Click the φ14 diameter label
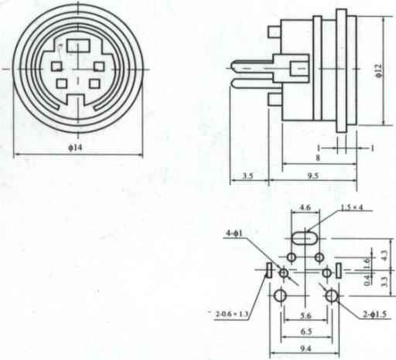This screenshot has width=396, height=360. click(x=75, y=148)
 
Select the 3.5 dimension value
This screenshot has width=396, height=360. click(x=247, y=176)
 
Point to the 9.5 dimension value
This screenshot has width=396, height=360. click(x=313, y=176)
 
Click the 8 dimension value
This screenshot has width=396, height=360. click(x=318, y=158)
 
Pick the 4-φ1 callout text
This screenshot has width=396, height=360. click(x=234, y=233)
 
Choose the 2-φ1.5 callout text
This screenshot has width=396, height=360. click(x=375, y=314)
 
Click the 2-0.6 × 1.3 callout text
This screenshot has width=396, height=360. click(x=232, y=314)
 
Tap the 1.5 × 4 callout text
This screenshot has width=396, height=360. click(x=352, y=207)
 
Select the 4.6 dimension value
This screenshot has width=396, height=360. click(x=305, y=207)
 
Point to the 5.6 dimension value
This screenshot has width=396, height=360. click(x=306, y=315)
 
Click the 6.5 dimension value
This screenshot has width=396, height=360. click(x=306, y=331)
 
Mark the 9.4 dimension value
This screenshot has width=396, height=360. click(x=306, y=348)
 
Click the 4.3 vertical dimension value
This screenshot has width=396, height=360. click(x=384, y=255)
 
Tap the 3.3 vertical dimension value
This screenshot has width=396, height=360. click(x=384, y=281)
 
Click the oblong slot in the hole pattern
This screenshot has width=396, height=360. click(x=305, y=238)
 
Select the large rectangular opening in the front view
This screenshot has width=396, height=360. click(x=78, y=46)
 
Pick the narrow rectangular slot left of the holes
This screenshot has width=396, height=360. click(x=269, y=270)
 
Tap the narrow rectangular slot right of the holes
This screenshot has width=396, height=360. click(x=338, y=270)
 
